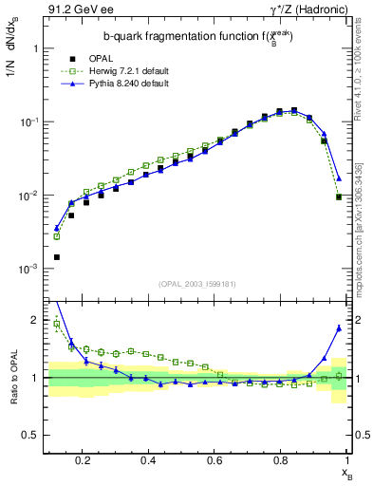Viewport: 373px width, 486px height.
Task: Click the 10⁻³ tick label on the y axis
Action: click(28, 270)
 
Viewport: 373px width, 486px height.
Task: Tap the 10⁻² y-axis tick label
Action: click(28, 196)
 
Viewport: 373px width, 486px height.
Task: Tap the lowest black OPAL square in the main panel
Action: click(57, 256)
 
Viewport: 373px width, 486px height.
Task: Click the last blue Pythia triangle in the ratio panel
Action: click(339, 328)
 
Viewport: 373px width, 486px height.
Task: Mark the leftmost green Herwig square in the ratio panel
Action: click(57, 324)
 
